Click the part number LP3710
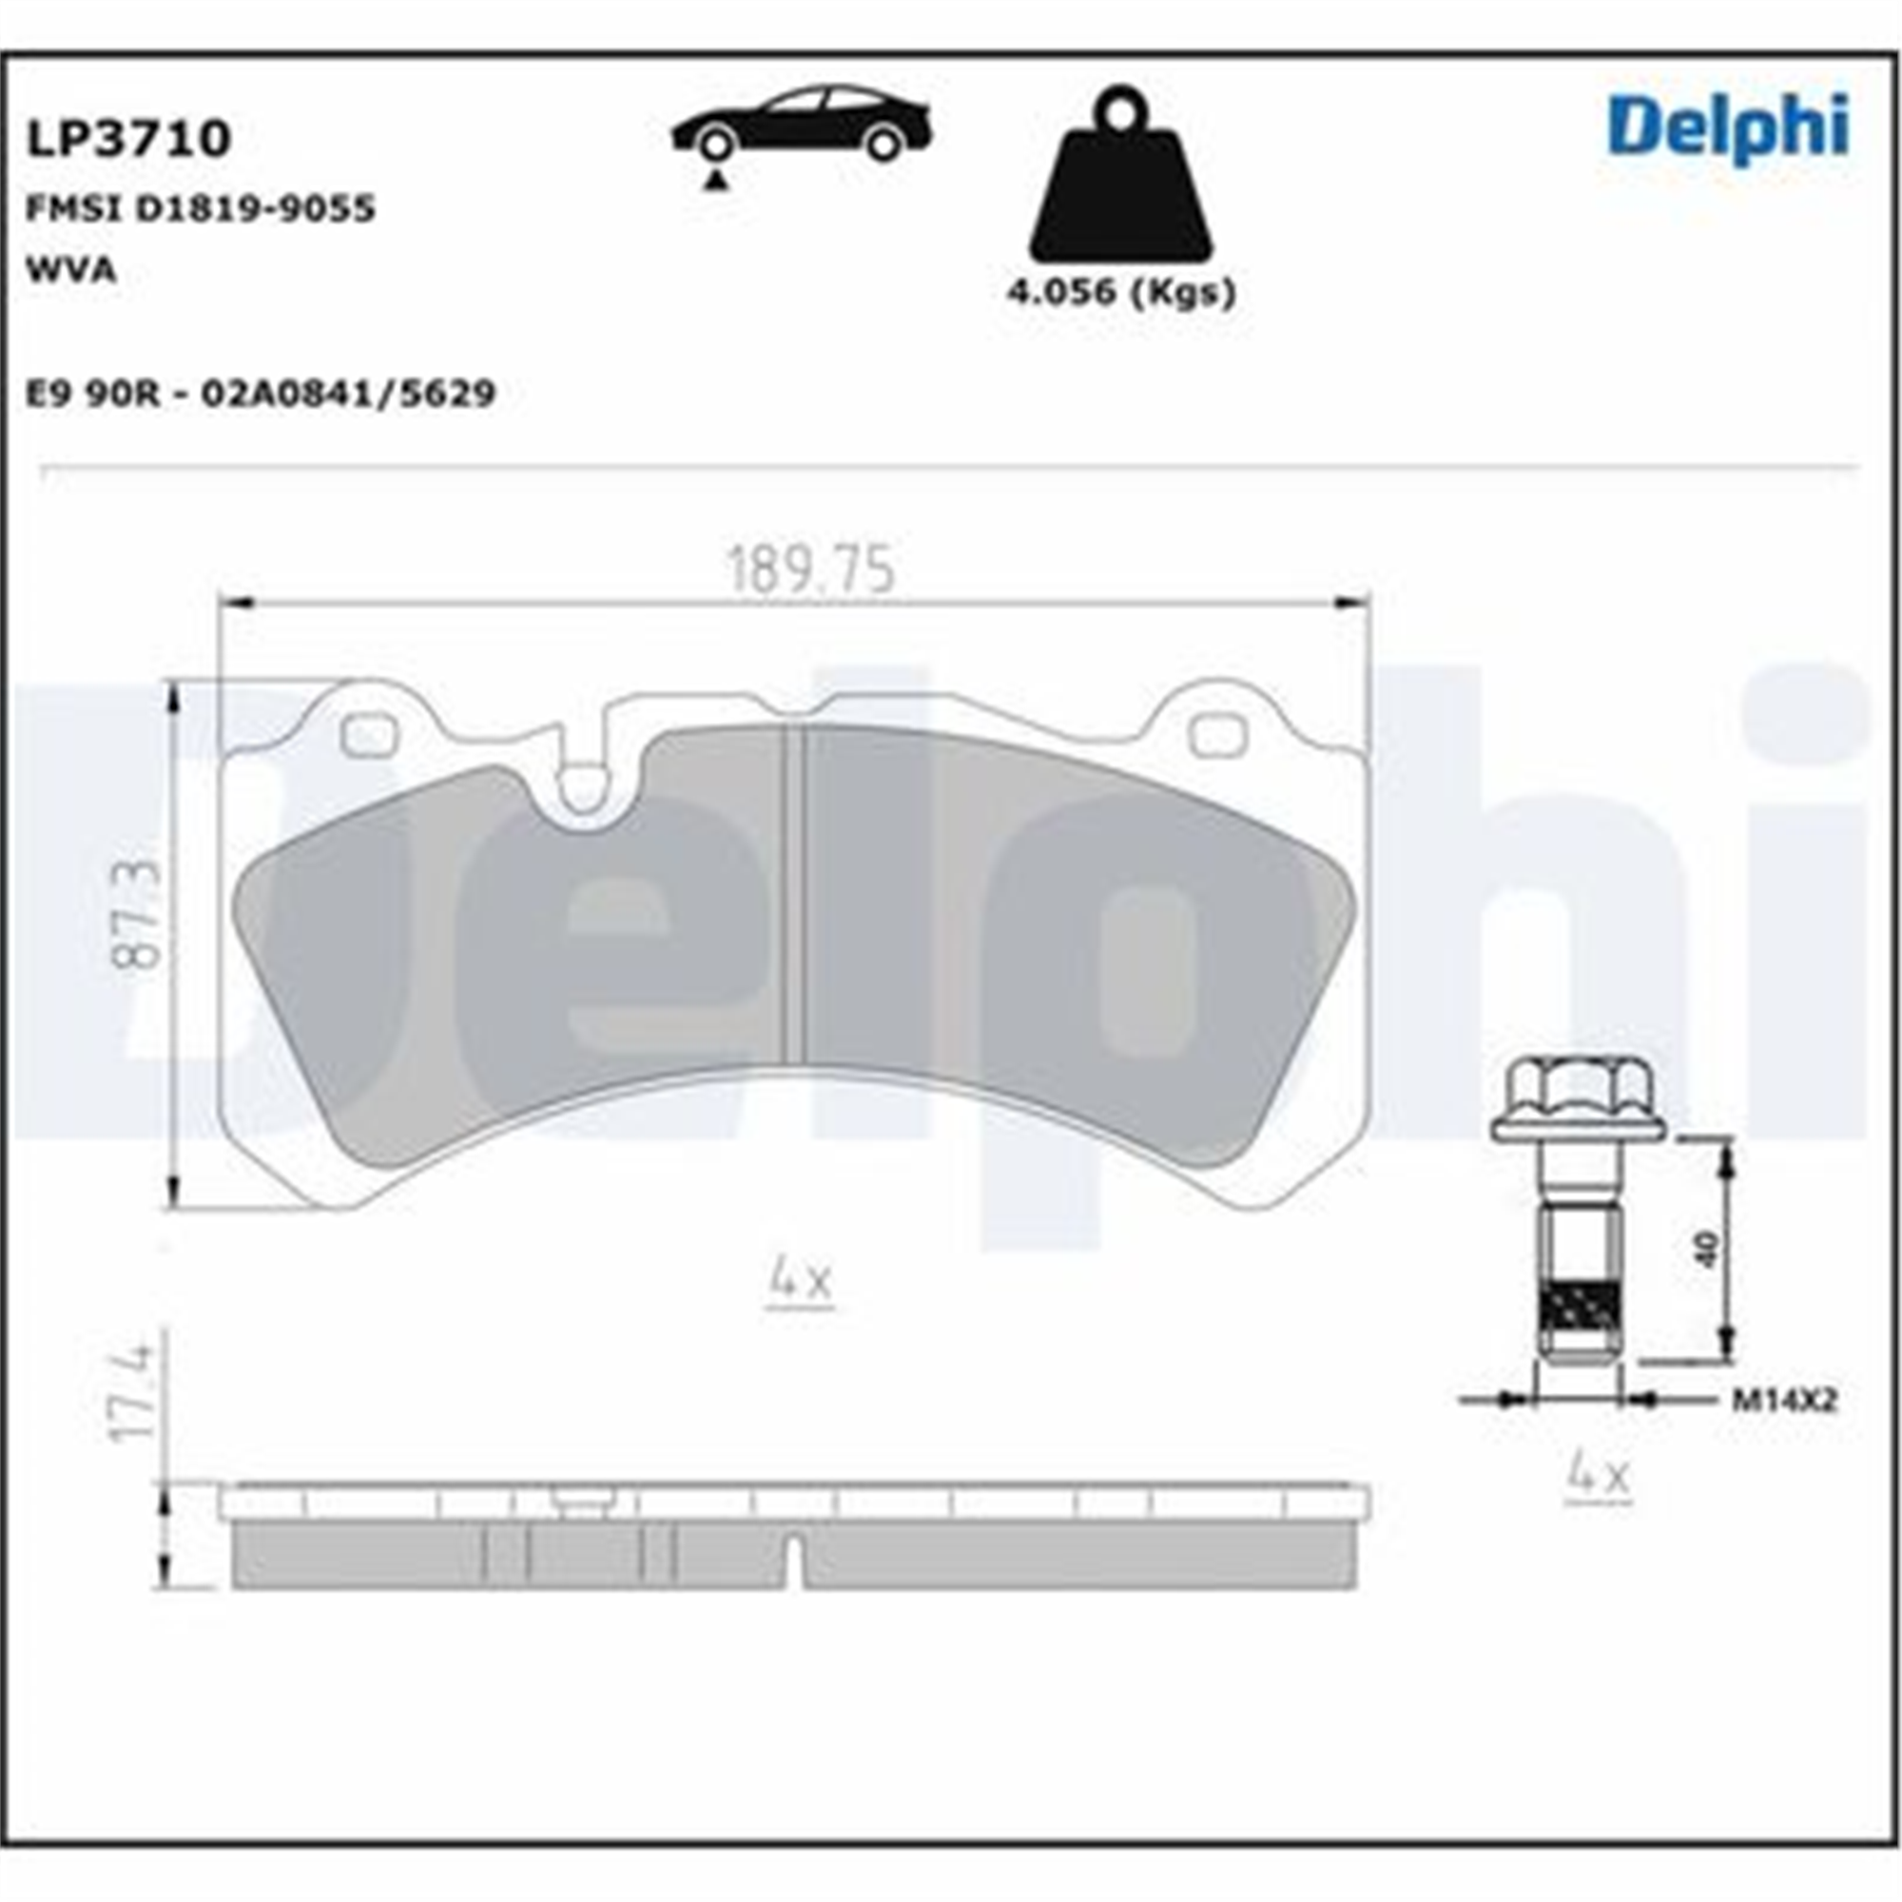point(128,139)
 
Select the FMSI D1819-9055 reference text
point(201,208)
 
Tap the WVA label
point(71,270)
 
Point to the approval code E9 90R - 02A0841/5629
point(260,394)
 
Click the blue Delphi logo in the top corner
point(1729,129)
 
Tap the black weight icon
point(1120,176)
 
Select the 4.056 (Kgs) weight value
point(1120,292)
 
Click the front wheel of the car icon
point(716,144)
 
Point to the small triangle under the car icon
point(716,180)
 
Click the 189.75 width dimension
point(811,570)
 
